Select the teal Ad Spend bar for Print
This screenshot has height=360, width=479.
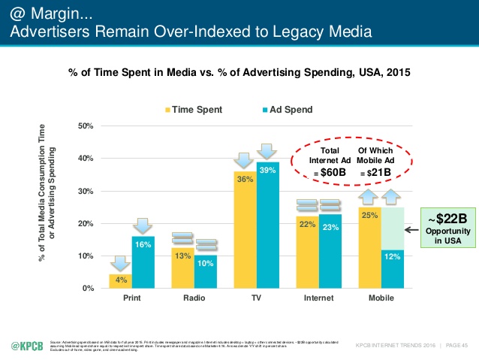(x=143, y=263)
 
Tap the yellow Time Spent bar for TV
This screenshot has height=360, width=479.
(x=246, y=230)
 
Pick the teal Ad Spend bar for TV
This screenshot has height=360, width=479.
(x=268, y=225)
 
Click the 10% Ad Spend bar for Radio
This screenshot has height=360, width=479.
(x=206, y=272)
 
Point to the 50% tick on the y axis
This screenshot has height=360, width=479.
(x=85, y=126)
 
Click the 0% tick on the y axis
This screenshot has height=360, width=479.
(x=88, y=289)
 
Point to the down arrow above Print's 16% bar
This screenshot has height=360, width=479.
(x=143, y=225)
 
